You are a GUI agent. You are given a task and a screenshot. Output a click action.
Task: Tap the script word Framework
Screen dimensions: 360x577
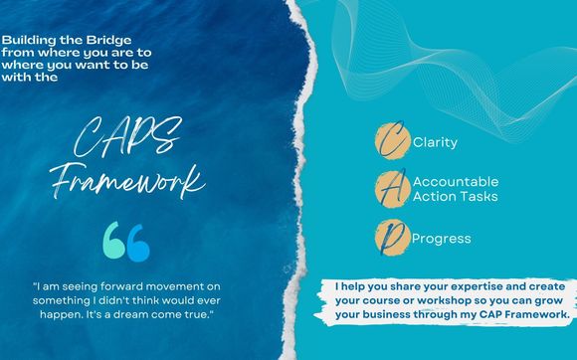(142, 182)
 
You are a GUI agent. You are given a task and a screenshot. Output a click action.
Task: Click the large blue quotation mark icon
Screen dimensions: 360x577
(126, 243)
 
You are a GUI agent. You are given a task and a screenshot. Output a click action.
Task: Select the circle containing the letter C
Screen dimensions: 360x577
(390, 141)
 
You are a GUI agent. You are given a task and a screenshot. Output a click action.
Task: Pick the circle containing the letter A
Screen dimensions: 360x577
(390, 189)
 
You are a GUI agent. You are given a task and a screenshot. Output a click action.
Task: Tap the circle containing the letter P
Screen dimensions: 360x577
(390, 237)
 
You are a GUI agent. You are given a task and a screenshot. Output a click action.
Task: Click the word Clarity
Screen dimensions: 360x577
(434, 142)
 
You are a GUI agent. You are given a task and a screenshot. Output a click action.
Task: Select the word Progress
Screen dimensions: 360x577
(441, 239)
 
